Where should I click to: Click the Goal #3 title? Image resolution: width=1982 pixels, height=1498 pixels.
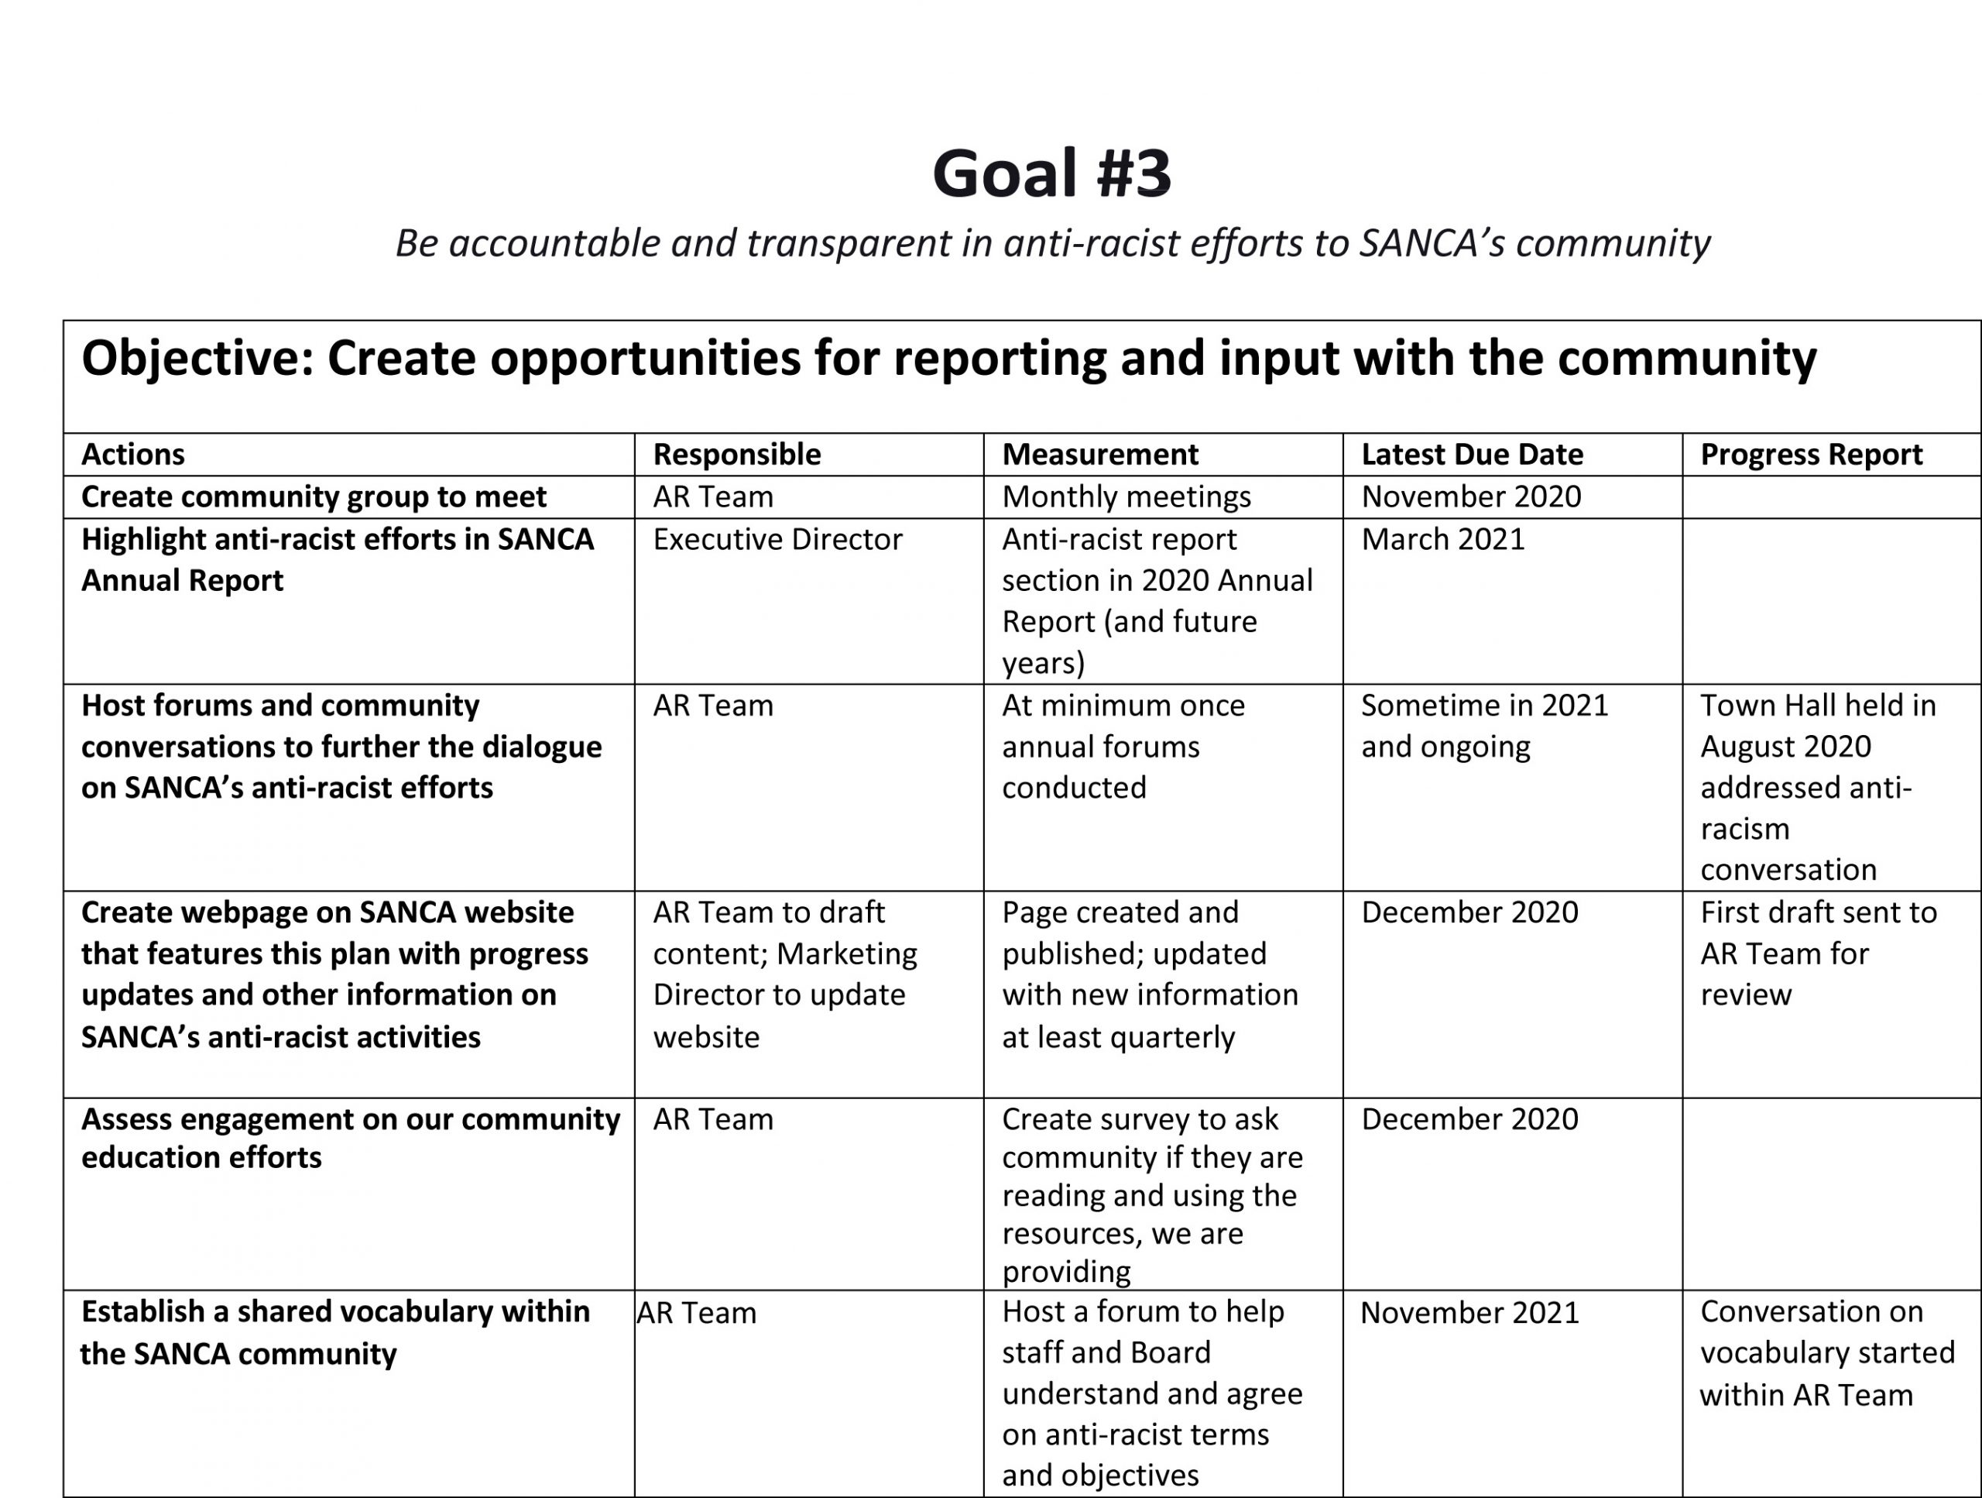point(1051,173)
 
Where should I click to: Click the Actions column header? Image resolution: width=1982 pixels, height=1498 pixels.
point(132,455)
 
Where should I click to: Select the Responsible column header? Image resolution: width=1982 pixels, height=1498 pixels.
point(736,455)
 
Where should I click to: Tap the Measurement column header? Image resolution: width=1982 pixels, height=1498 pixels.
point(1099,455)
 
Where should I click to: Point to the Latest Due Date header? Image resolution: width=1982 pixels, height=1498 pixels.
point(1471,455)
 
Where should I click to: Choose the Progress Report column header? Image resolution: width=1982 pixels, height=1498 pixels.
point(1811,455)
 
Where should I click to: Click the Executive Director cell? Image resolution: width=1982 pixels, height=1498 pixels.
point(777,540)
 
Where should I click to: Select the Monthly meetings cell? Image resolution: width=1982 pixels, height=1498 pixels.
point(1126,496)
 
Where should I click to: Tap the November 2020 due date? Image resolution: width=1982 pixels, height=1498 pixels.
point(1470,496)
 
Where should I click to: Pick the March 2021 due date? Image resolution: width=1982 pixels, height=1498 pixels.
point(1442,540)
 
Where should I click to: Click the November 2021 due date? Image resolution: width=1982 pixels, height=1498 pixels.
point(1469,1312)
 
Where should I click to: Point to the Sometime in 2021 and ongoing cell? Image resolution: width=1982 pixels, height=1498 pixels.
point(1484,726)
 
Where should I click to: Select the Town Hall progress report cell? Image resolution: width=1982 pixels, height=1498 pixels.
point(1817,787)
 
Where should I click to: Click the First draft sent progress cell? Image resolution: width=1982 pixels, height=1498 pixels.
point(1817,953)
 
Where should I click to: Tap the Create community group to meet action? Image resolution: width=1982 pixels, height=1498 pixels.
point(314,496)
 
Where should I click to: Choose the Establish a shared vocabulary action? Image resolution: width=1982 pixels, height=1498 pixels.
point(335,1332)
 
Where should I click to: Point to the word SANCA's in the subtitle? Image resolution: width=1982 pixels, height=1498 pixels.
point(1431,243)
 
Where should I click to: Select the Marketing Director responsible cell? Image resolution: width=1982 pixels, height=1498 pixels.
point(784,974)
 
